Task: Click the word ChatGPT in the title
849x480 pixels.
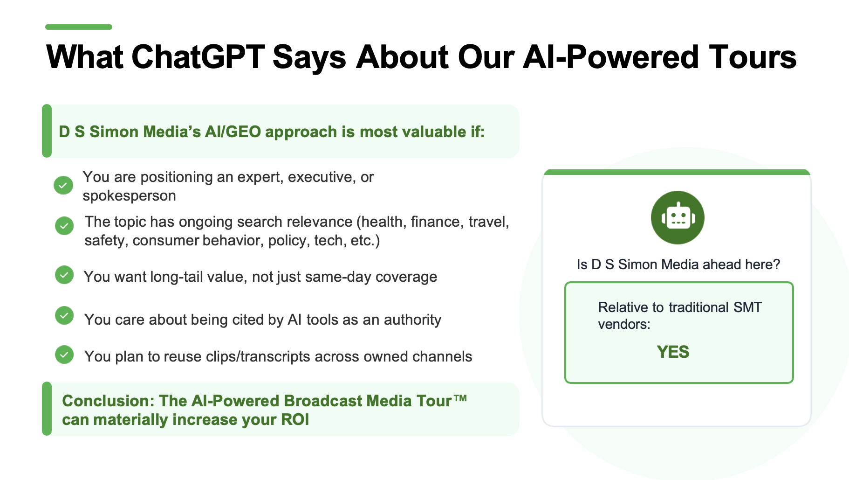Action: tap(199, 57)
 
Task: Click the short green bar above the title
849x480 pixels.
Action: tap(79, 27)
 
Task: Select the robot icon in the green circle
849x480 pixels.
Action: tap(678, 217)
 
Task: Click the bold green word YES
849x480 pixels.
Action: tap(673, 352)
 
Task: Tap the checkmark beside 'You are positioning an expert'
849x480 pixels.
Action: tap(63, 185)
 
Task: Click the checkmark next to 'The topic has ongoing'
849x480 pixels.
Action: tap(64, 226)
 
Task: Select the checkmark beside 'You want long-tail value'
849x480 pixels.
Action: tap(64, 275)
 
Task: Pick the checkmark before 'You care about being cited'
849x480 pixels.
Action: tap(64, 315)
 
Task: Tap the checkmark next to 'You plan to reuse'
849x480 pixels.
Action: tap(64, 355)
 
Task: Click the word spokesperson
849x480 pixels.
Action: tap(129, 196)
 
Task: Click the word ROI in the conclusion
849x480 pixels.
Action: tap(295, 420)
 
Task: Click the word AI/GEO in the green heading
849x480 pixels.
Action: tap(233, 132)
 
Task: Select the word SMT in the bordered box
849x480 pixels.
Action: tap(748, 307)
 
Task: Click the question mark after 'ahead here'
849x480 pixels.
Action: tap(776, 264)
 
